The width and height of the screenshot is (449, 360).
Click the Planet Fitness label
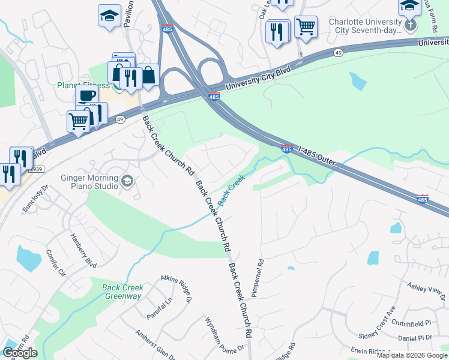point(83,85)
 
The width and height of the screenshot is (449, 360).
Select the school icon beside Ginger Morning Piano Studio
point(127,181)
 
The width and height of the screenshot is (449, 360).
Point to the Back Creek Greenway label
point(122,292)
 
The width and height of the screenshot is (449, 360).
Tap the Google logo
point(20,353)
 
